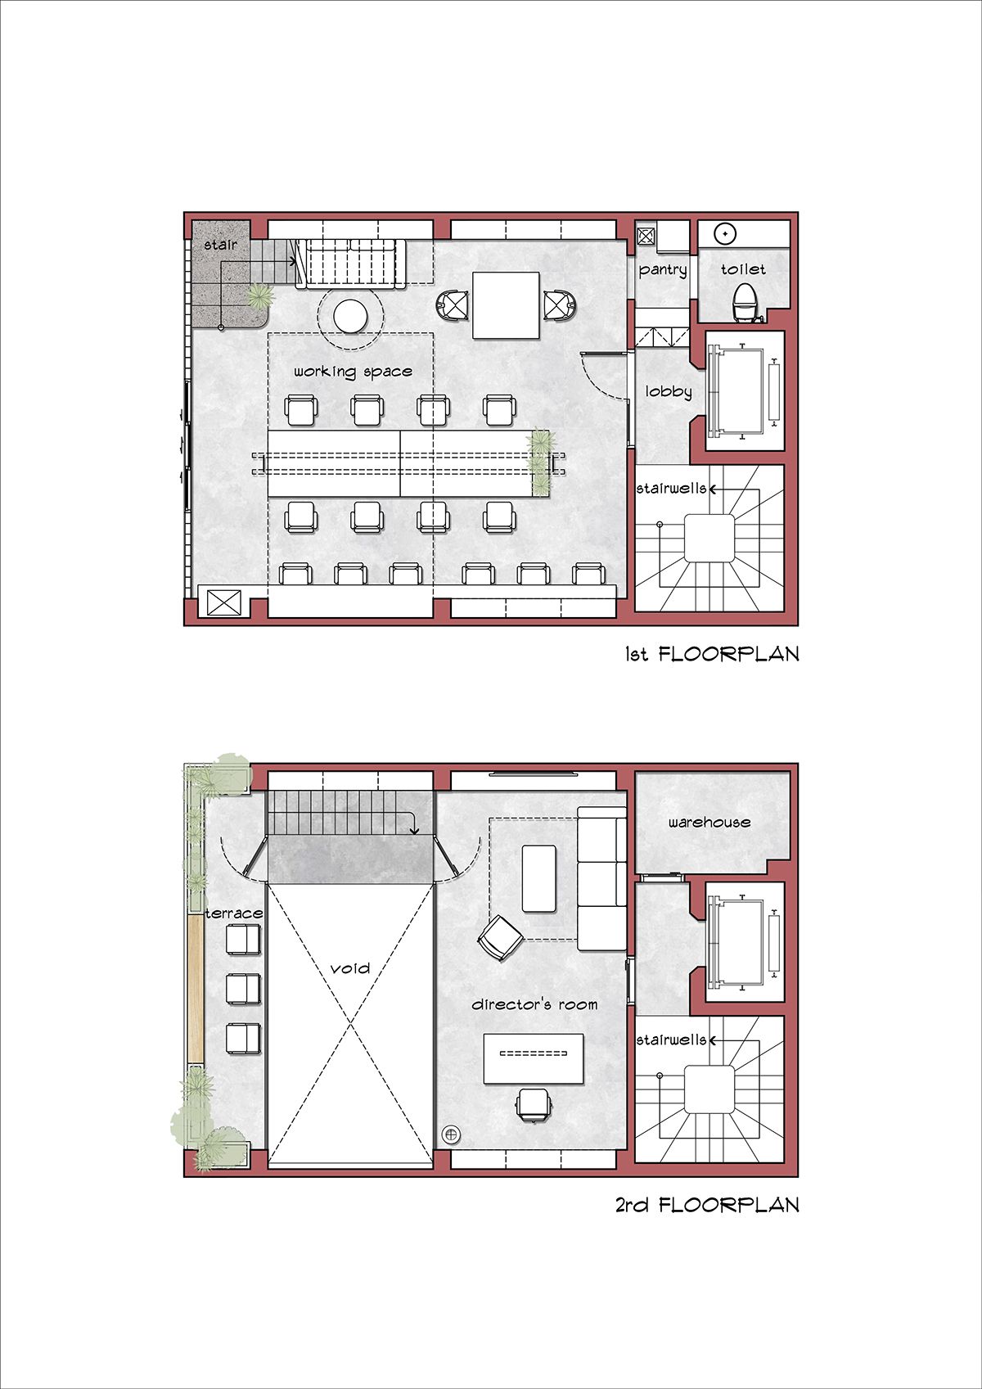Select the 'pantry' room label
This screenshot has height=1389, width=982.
663,269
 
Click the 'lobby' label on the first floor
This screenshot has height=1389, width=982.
669,391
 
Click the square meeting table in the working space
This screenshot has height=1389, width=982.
506,305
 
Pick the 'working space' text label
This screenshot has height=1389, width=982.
353,372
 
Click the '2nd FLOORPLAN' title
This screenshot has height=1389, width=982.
707,1205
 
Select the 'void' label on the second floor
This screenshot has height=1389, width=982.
350,968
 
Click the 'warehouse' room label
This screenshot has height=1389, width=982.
709,822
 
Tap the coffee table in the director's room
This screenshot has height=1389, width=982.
539,878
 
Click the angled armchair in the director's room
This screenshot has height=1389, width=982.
500,936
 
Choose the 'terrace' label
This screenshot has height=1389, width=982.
234,913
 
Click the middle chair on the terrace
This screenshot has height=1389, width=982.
243,988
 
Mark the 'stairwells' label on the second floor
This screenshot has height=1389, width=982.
671,1039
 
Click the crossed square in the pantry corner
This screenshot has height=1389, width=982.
646,236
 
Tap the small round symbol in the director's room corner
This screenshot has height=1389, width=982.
451,1134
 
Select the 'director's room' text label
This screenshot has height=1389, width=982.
534,1004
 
